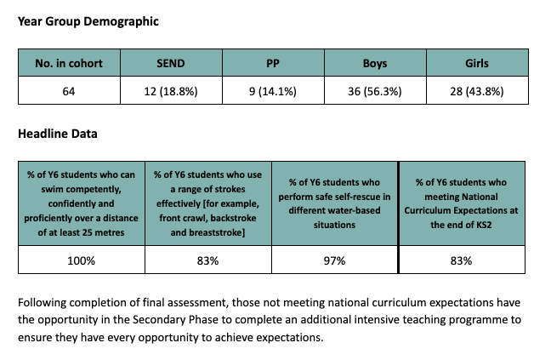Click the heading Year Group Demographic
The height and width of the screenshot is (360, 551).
88,20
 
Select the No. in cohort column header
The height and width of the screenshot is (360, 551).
70,64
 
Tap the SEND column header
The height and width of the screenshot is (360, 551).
171,64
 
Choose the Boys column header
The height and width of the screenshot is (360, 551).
375,64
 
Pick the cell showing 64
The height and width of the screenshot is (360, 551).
70,91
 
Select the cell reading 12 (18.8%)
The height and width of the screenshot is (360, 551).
171,91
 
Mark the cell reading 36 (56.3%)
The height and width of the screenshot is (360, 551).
375,91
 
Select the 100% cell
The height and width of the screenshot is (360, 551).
81,260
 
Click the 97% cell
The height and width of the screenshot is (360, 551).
334,260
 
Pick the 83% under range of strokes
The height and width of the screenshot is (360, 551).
207,260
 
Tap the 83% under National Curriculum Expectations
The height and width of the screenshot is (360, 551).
461,260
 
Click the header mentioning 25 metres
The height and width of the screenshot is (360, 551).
81,204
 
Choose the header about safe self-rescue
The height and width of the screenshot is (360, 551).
334,204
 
